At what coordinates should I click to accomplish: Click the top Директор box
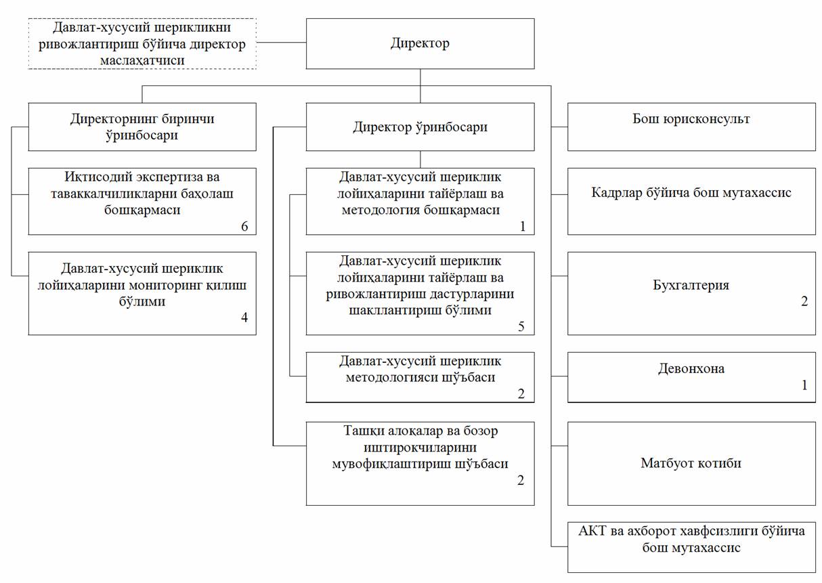(x=420, y=43)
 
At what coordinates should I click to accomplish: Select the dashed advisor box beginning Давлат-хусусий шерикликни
(x=142, y=43)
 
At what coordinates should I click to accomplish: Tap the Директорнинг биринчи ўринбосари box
(x=142, y=127)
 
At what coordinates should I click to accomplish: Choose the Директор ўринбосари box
(x=420, y=127)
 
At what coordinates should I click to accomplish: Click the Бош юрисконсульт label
(x=691, y=119)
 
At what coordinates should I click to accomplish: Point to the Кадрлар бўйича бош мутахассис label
(x=691, y=193)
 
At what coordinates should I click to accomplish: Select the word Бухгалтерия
(x=691, y=285)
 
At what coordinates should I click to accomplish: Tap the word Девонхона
(x=691, y=369)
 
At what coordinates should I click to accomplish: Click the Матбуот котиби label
(x=691, y=464)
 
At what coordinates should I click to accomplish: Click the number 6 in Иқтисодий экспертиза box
(x=244, y=226)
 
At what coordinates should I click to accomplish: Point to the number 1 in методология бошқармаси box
(x=522, y=226)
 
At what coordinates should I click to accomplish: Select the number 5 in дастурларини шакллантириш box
(x=521, y=326)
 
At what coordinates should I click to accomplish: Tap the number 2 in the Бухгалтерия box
(x=804, y=302)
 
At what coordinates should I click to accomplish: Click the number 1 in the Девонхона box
(x=804, y=385)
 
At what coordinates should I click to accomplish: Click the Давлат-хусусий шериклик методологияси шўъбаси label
(x=420, y=369)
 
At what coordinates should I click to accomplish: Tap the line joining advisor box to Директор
(x=281, y=43)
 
